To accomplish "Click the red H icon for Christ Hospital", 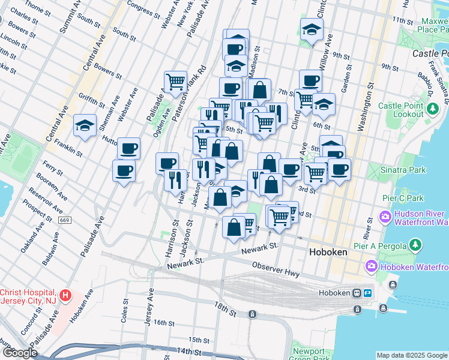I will click(66, 296).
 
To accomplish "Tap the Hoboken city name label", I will click(328, 253).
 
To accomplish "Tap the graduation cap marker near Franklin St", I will click(85, 126).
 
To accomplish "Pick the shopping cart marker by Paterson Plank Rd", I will click(175, 82).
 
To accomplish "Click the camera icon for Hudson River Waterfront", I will click(385, 215).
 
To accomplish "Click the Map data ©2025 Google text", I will click(411, 355).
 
